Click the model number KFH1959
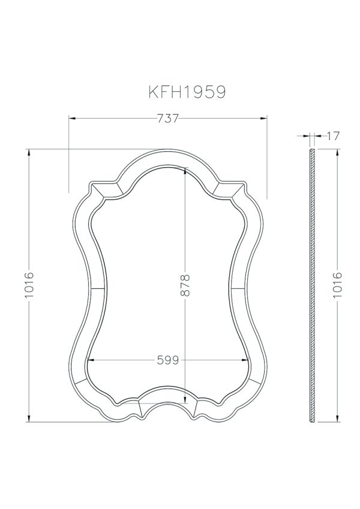187,92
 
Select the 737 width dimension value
168,119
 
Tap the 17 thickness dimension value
333,136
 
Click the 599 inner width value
168,360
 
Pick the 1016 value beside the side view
337,285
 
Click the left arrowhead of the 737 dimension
71,119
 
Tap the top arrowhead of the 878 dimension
185,169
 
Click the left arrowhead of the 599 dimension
91,360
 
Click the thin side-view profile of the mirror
311,285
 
